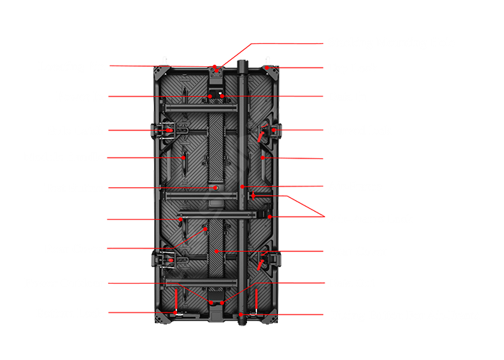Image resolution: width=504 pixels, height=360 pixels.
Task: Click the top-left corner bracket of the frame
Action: tap(159, 71)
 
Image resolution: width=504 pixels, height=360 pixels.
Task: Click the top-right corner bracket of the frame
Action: tap(272, 71)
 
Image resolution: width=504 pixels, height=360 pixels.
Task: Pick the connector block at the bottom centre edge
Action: tap(216, 310)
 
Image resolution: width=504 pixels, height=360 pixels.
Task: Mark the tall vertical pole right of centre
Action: tap(243, 180)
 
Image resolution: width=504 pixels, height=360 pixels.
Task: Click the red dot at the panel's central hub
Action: tap(215, 187)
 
